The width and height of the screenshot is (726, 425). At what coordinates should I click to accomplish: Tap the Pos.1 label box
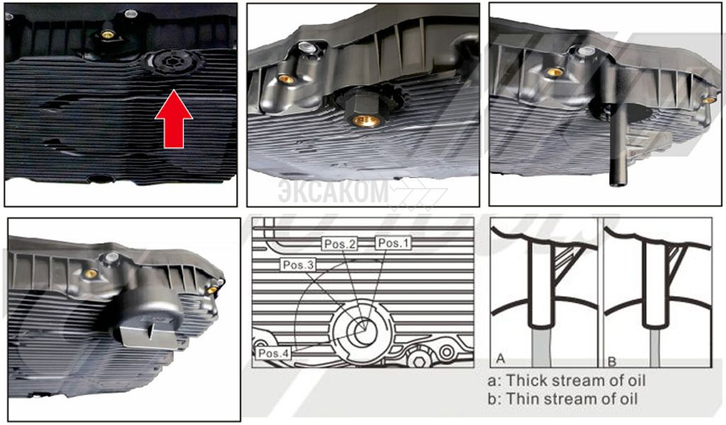coord(393,243)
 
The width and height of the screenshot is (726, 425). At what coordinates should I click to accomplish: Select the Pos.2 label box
coord(340,244)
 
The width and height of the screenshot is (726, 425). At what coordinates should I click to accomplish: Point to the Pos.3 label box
coord(298,265)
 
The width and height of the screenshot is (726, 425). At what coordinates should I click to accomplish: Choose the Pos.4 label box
coord(274,353)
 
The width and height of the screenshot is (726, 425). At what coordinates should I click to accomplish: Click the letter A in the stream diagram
coord(500,358)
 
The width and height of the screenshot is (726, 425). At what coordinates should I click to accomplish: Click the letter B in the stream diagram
coord(612,360)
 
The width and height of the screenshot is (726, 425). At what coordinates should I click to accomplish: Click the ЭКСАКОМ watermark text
coord(333,191)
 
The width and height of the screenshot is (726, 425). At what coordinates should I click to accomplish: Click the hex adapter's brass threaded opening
coord(367,121)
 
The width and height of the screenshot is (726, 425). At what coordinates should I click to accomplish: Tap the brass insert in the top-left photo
coord(108,34)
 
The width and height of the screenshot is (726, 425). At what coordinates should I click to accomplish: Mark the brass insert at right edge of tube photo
coord(708,100)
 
